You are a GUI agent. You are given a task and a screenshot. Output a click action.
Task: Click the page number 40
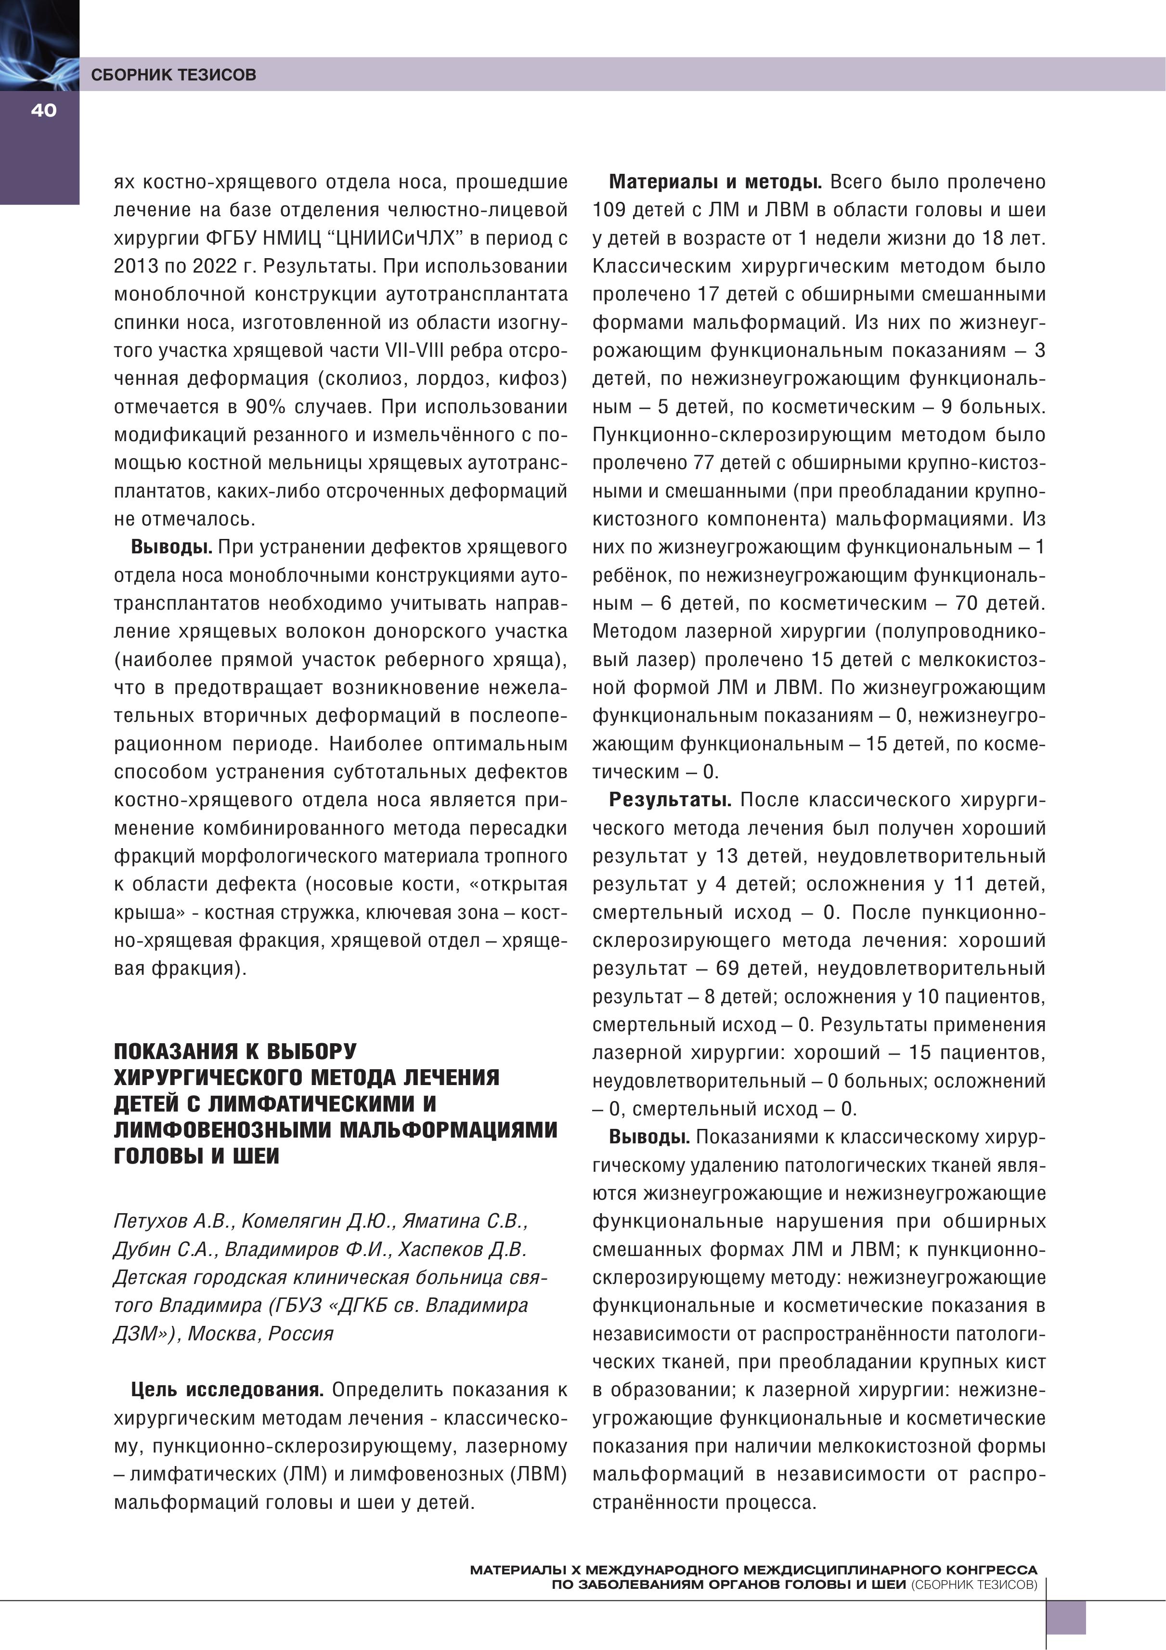(43, 110)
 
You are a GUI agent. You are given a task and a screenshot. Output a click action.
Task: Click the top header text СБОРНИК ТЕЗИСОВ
(173, 75)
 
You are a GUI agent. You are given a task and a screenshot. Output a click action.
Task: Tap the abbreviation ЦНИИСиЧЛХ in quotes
(398, 238)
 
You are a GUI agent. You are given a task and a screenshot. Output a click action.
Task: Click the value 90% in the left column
(266, 407)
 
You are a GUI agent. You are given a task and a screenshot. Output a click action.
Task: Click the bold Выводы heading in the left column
(171, 547)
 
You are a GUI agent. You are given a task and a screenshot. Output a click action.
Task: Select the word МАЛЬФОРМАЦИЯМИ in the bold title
(448, 1130)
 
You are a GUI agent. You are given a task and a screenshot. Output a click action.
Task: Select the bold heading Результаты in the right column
(670, 800)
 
